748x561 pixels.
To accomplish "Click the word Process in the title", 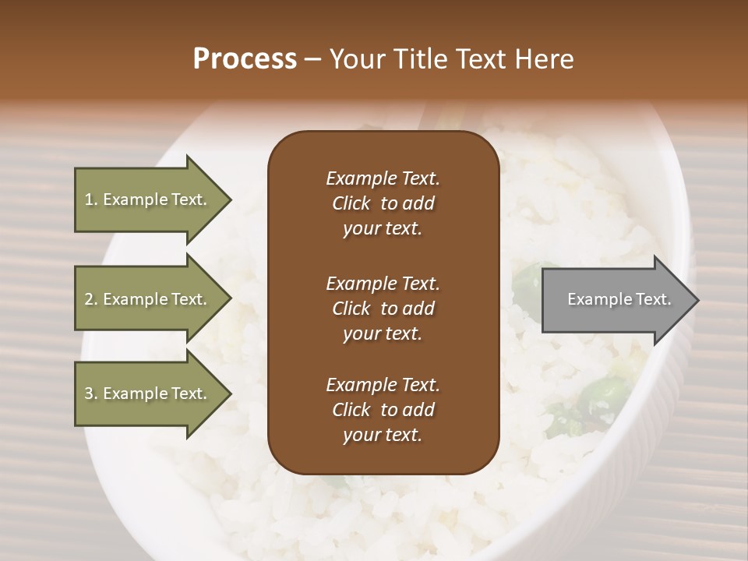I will [245, 59].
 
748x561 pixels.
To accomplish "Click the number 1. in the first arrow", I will [91, 199].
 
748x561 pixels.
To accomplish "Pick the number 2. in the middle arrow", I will [91, 299].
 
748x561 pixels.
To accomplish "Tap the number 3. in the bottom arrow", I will [91, 393].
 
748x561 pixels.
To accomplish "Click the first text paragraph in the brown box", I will [383, 203].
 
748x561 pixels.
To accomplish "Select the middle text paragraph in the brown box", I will [383, 308].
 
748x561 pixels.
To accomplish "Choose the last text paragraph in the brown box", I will [383, 410].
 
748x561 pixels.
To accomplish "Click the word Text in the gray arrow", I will [653, 299].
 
